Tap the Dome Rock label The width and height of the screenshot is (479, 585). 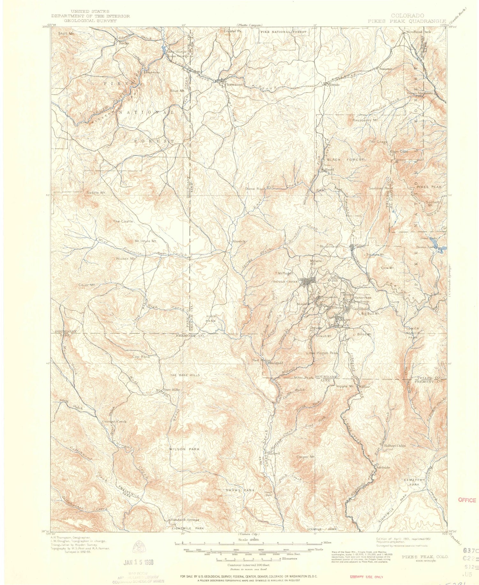255,189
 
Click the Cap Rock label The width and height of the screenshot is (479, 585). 141,357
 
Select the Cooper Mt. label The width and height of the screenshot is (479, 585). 306,457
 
